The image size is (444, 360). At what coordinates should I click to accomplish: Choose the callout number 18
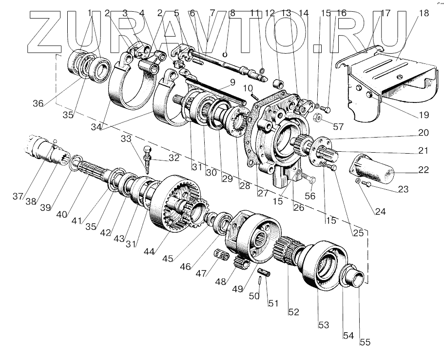423,13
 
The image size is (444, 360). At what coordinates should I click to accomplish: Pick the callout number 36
38,103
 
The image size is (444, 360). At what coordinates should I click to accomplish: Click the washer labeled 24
358,181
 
